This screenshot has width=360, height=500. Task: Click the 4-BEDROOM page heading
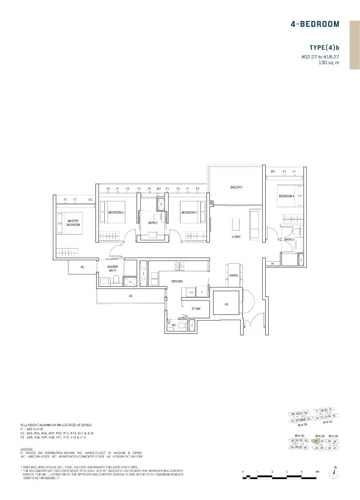point(315,24)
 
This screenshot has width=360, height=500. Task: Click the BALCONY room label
point(236,187)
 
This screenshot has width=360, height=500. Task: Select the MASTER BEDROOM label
point(73,223)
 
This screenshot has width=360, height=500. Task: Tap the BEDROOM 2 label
point(116,213)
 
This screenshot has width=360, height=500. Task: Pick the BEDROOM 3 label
point(189,213)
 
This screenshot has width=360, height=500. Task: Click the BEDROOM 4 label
point(287,196)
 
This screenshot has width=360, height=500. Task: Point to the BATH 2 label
point(153,223)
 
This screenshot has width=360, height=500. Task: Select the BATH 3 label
point(289,240)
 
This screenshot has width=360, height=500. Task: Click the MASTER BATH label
point(112,269)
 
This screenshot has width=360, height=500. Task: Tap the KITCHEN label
point(177,281)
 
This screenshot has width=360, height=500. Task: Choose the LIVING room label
point(236,237)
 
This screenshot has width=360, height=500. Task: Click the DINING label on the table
point(234,276)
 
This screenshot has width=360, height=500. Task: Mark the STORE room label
point(196,309)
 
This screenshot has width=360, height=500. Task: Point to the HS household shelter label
point(226,304)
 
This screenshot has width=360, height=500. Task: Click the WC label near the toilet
point(174,325)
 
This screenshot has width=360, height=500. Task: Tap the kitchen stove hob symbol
point(179,267)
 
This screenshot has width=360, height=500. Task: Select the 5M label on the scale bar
point(317,472)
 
